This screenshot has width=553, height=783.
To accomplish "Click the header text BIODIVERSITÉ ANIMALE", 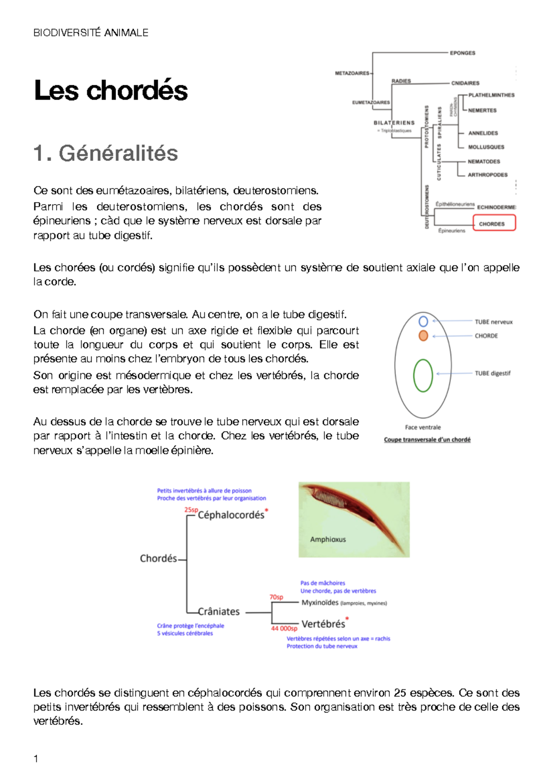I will [x=91, y=33].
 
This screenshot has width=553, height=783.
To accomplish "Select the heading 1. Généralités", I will [x=106, y=153].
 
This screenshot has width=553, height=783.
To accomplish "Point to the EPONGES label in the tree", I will [x=462, y=53].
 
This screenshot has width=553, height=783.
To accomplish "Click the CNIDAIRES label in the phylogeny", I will [x=465, y=83].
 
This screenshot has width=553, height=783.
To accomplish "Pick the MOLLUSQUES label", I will [x=486, y=147].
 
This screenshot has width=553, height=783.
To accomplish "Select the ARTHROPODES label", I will [x=488, y=175].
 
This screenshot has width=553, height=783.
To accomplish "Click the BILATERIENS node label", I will [x=394, y=123].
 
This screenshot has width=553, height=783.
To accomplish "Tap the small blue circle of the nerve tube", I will [x=423, y=321].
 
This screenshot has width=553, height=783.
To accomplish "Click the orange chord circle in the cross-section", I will [x=423, y=336].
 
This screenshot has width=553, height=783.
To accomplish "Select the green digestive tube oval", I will [x=423, y=375].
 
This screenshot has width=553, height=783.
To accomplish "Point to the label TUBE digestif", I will [x=493, y=374].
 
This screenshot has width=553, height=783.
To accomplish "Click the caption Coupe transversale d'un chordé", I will [x=427, y=440].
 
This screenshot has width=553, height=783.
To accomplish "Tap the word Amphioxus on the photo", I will [x=328, y=540].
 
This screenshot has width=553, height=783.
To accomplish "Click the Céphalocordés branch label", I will [x=231, y=515].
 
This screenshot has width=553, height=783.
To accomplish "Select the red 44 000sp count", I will [x=284, y=629].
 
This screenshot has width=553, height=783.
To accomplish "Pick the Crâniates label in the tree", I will [x=218, y=611].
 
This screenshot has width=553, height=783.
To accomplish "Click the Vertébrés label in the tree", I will [x=323, y=624].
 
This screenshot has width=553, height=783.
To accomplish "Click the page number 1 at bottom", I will [x=36, y=759].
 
